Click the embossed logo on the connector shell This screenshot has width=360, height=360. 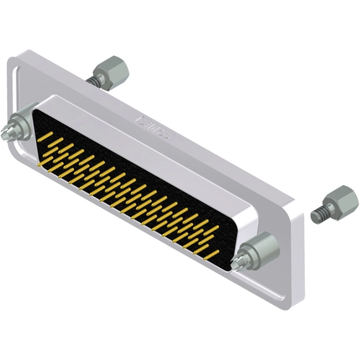coord(154,121)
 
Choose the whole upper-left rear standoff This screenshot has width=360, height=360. coord(109,74)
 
